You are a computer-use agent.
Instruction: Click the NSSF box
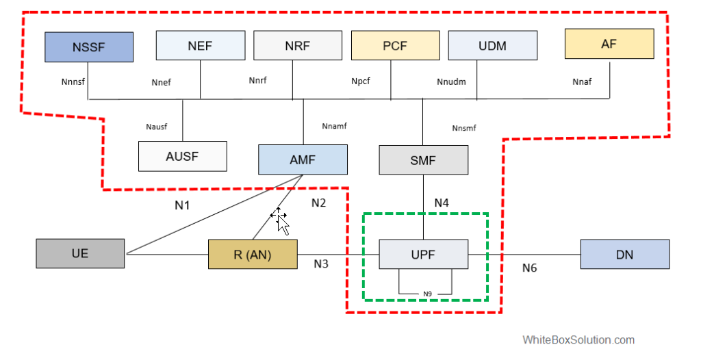point(89,47)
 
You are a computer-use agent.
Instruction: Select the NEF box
point(200,46)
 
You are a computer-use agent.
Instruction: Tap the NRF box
point(297,46)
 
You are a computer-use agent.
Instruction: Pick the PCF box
point(395,46)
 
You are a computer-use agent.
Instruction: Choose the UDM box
point(492,46)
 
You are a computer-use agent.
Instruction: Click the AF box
point(609,44)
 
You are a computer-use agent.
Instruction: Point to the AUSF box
point(182,156)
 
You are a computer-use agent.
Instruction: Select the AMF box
point(303,159)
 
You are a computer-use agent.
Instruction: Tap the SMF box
point(423,159)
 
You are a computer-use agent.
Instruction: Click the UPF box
point(423,254)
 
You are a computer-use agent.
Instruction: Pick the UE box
point(80,253)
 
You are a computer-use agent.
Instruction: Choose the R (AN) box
point(253,255)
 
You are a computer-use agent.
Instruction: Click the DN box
point(624,254)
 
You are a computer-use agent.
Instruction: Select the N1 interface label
point(181,205)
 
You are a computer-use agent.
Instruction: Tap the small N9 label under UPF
point(427,294)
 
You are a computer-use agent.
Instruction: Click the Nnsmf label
point(464,128)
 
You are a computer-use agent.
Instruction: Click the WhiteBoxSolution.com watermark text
point(578,339)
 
